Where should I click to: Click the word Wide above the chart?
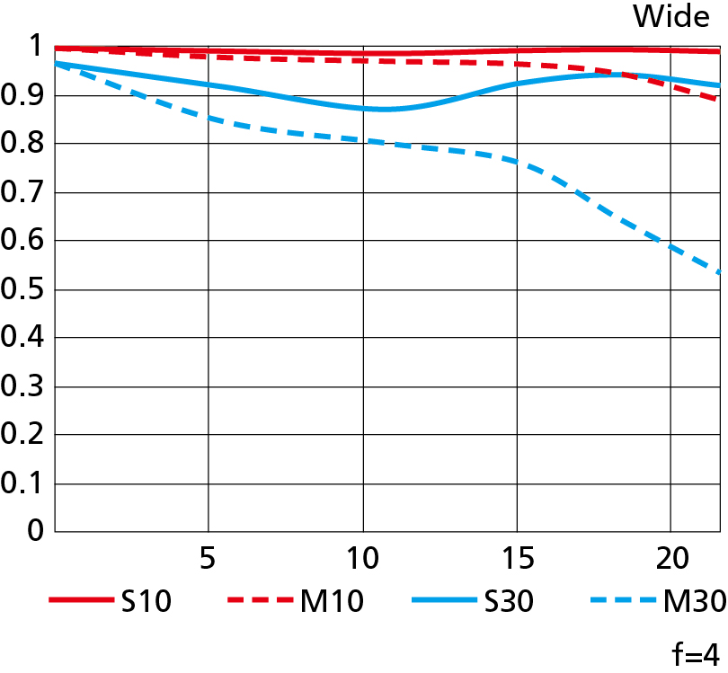(x=671, y=16)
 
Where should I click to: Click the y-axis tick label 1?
(x=35, y=47)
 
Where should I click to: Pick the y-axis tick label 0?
(x=35, y=532)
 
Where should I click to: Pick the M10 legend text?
(x=332, y=602)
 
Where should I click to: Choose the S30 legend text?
(x=507, y=602)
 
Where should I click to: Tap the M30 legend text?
(x=693, y=602)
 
